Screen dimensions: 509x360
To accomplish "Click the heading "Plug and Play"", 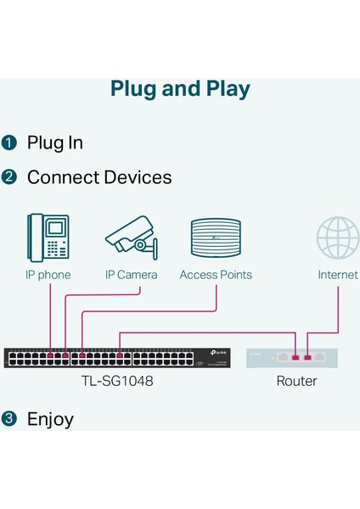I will [180, 89].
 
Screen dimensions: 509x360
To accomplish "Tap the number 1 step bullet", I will [9, 143].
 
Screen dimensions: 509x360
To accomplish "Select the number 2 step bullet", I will [9, 177].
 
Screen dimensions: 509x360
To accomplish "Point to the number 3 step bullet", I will [9, 419].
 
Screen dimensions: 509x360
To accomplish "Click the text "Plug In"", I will [55, 143].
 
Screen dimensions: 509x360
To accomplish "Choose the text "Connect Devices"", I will [99, 177].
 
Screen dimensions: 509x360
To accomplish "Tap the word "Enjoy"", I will [50, 419].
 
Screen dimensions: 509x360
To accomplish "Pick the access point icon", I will [216, 238].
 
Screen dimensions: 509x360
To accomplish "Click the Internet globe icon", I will [338, 238].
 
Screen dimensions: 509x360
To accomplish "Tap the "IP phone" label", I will [48, 275].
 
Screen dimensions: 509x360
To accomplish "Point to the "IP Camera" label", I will [132, 275].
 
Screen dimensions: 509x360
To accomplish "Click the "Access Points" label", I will [216, 275].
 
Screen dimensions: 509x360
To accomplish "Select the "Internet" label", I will [338, 275].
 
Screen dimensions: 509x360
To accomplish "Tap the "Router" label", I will [296, 381].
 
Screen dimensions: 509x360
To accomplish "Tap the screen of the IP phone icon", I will [56, 227].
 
